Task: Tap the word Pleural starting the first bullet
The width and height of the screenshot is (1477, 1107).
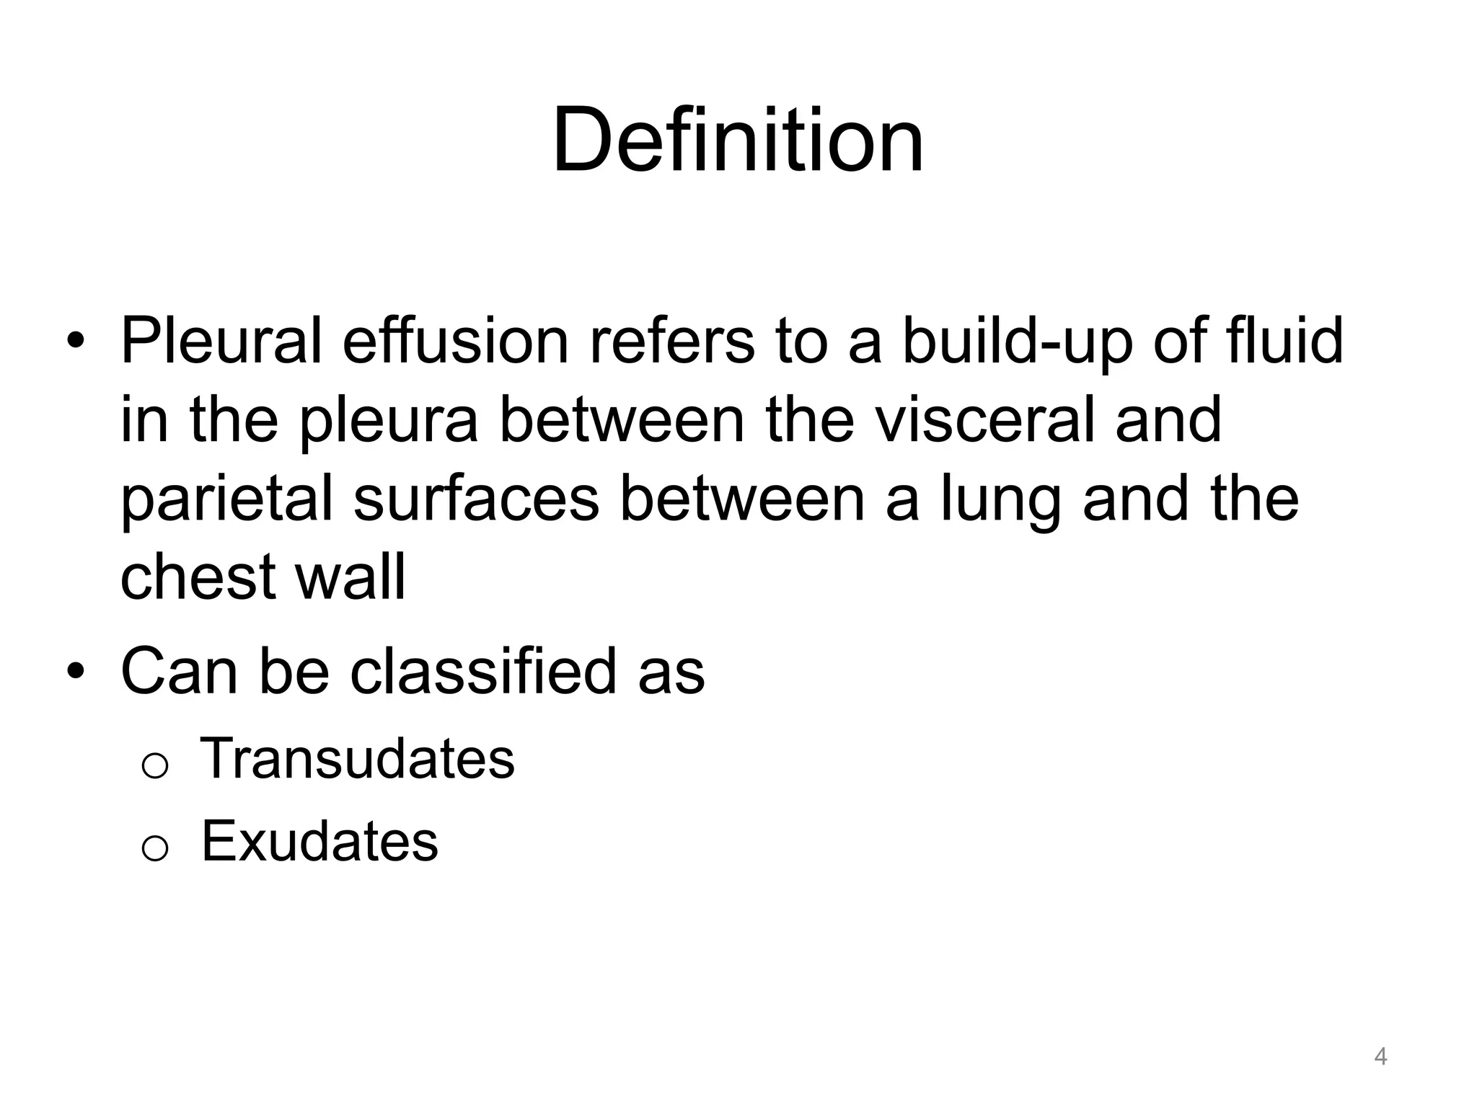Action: (x=221, y=341)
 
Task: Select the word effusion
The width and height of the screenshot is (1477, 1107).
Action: (x=456, y=341)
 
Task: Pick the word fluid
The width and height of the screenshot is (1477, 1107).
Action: (x=1284, y=341)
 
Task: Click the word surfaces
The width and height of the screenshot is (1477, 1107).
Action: (x=476, y=499)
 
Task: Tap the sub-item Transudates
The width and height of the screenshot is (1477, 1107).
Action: (x=358, y=758)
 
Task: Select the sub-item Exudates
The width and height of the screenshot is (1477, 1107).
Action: (x=319, y=841)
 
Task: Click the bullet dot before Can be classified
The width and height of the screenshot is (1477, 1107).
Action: (x=76, y=671)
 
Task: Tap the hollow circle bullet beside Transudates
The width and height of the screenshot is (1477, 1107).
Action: (x=155, y=765)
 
